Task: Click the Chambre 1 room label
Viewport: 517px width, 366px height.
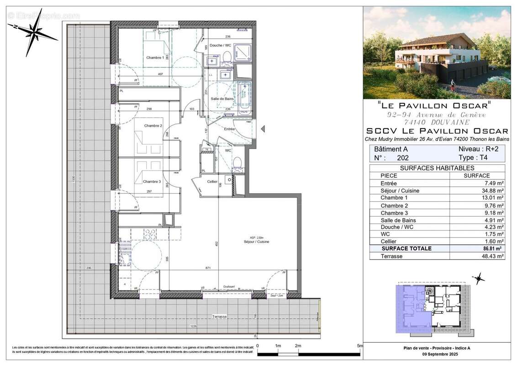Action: (155, 58)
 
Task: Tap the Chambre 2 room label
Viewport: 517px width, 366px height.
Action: (153, 125)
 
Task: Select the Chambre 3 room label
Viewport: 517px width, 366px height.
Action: (152, 181)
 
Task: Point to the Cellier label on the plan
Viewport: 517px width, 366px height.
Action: (212, 182)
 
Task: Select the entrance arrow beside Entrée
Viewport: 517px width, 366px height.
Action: (263, 130)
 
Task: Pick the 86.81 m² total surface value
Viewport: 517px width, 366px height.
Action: (495, 249)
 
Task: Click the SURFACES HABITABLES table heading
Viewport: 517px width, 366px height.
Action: (437, 168)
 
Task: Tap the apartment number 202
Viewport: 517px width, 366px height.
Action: (403, 158)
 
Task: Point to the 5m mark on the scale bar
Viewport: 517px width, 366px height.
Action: (359, 346)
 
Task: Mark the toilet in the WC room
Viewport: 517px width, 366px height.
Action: (237, 163)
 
